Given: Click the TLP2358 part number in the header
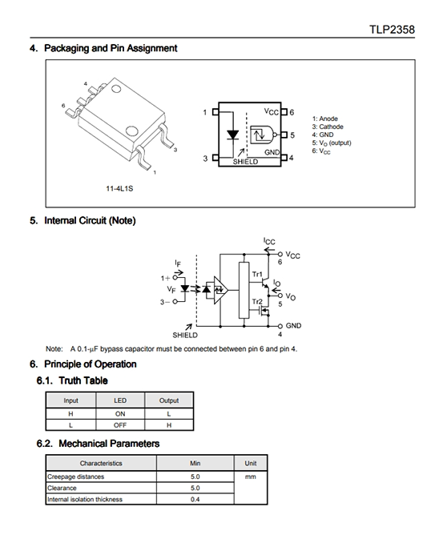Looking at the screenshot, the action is pos(392,30).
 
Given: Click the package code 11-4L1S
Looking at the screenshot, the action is pos(119,189).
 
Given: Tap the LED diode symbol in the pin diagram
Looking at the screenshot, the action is pos(232,135).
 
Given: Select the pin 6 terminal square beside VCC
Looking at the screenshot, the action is pos(284,112).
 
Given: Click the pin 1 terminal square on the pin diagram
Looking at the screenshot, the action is pos(215,112).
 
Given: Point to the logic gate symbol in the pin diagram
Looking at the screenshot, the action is pos(264,135).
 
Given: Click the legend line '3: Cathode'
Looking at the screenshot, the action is pos(328,127).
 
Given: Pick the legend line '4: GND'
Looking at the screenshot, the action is pos(323,135).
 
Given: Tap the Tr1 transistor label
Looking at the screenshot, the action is pos(257,274).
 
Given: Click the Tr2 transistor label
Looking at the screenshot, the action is pos(257,302).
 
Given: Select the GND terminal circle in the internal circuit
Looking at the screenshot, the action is pos(280,326).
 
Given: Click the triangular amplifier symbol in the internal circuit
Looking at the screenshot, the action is pos(220,290).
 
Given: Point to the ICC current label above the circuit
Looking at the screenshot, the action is pos(269,241).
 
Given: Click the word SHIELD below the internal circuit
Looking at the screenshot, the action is pos(185,336).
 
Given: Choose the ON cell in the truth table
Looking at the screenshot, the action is pos(120,414).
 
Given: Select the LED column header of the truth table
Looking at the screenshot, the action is pos(120,400).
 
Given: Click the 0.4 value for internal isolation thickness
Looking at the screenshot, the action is pos(195,499).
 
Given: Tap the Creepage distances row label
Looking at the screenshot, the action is pos(75,477).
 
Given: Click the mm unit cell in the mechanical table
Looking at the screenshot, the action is pos(251,477).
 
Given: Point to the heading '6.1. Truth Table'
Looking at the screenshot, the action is pos(72,380).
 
